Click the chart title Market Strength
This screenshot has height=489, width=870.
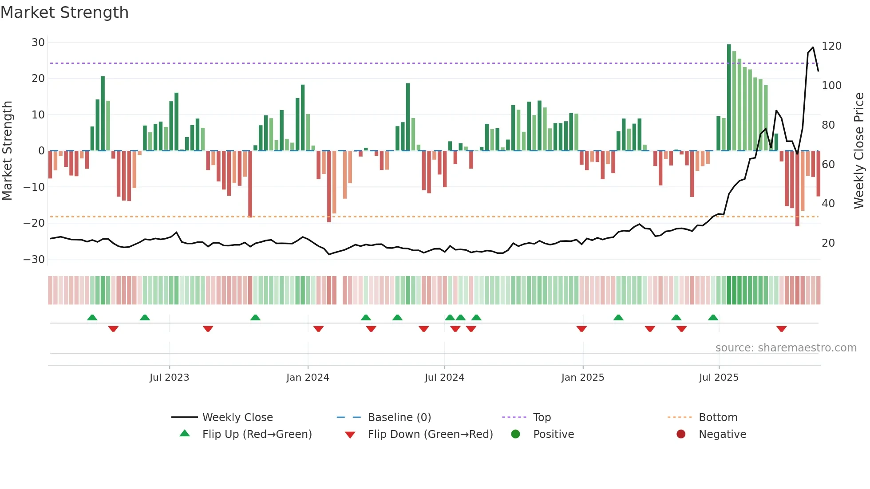pyautogui.click(x=64, y=12)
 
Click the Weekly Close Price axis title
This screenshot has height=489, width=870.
pyautogui.click(x=859, y=150)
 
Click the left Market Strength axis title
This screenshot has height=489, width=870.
pyautogui.click(x=7, y=150)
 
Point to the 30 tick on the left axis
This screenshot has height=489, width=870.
pyautogui.click(x=38, y=43)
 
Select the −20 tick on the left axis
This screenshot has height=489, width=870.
pyautogui.click(x=34, y=223)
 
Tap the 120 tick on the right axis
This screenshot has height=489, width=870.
pyautogui.click(x=831, y=46)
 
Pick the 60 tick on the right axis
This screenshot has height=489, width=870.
pyautogui.click(x=828, y=165)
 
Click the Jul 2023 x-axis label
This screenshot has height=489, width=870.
pyautogui.click(x=169, y=378)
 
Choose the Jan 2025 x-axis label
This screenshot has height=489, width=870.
pyautogui.click(x=582, y=378)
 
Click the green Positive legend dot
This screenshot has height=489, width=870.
pyautogui.click(x=515, y=434)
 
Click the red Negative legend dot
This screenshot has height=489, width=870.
pyautogui.click(x=681, y=434)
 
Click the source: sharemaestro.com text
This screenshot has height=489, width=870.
pyautogui.click(x=786, y=348)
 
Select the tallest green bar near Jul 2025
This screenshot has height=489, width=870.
pyautogui.click(x=729, y=98)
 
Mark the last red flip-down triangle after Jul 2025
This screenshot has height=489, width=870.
pyautogui.click(x=782, y=329)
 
